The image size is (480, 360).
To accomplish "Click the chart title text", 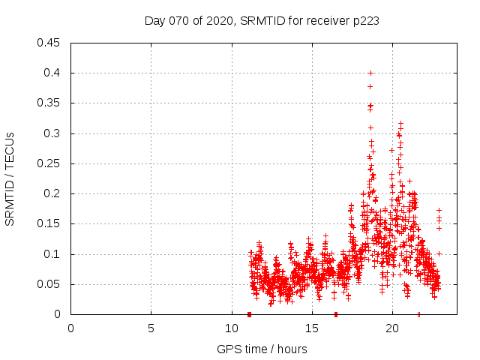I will click(x=261, y=21).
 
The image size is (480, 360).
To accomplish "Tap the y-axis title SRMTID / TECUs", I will click(x=10, y=178).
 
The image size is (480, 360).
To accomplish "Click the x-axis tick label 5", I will click(x=151, y=327).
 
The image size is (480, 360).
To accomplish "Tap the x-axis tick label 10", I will click(x=231, y=327).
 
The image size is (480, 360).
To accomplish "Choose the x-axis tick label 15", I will click(x=311, y=327).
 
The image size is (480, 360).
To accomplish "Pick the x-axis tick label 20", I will click(x=391, y=327).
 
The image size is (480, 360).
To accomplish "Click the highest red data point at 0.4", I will click(x=370, y=73).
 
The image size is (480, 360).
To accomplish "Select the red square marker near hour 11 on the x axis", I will click(x=249, y=314).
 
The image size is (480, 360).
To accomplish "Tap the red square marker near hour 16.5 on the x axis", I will click(x=335, y=314).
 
